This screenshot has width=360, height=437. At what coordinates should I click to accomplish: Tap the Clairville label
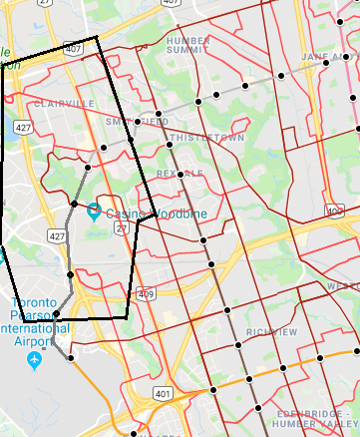(63, 103)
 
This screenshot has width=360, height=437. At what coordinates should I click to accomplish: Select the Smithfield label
(137, 121)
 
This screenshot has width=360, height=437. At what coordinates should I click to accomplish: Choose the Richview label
(271, 331)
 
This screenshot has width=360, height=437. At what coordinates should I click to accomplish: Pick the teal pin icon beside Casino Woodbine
(94, 211)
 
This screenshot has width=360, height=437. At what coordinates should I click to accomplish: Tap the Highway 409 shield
(147, 294)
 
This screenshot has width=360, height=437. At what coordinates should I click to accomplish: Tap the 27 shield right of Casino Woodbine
(119, 228)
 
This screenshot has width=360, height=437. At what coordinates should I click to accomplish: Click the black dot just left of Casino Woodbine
(74, 204)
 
